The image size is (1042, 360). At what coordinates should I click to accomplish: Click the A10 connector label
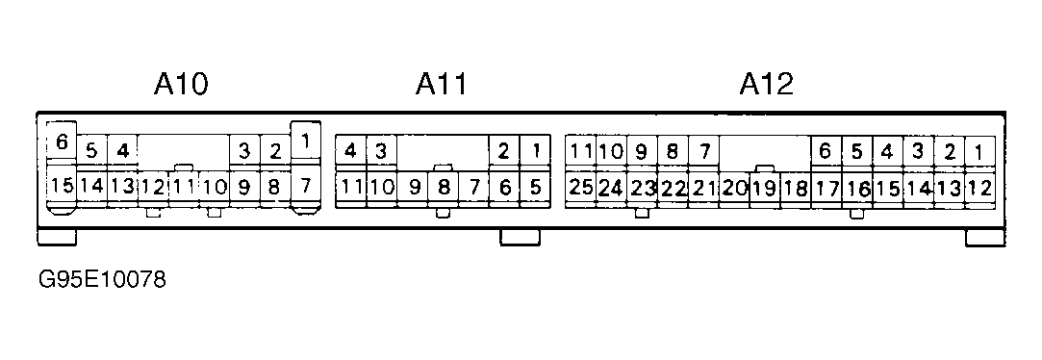[181, 85]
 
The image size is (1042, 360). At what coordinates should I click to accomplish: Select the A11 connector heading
[442, 85]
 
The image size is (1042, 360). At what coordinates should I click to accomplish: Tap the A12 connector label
[766, 85]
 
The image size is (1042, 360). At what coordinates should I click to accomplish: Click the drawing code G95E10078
[102, 279]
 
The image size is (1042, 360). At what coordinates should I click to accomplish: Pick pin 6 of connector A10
[62, 141]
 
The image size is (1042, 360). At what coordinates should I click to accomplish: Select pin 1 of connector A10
[306, 141]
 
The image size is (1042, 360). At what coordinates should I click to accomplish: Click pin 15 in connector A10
[63, 186]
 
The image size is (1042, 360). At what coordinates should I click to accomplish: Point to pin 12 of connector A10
[153, 187]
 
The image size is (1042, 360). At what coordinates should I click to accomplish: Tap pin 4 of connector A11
[350, 152]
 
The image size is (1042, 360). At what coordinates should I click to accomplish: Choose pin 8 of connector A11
[443, 188]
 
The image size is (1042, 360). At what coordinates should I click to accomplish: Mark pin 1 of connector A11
[535, 152]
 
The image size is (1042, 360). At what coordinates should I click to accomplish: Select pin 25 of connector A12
[581, 188]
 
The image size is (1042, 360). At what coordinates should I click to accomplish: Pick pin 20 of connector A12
[734, 188]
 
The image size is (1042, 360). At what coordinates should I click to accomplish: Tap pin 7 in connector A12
[703, 152]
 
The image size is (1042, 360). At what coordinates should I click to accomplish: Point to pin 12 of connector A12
[979, 188]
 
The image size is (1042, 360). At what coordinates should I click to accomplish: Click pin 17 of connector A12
[826, 188]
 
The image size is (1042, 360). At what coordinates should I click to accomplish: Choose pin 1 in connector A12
[979, 152]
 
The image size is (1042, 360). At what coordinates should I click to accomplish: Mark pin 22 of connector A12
[673, 188]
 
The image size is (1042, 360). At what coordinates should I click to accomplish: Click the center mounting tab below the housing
[520, 237]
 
